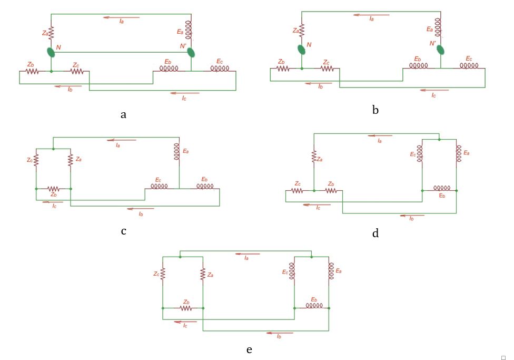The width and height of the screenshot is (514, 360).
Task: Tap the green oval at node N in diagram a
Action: pyautogui.click(x=51, y=52)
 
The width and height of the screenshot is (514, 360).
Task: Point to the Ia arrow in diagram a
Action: pyautogui.click(x=122, y=17)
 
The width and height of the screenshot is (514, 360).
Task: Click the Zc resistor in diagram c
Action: pyautogui.click(x=36, y=160)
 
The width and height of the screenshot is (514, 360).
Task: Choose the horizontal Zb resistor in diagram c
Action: pyautogui.click(x=53, y=188)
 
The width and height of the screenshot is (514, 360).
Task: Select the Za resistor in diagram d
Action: pyautogui.click(x=314, y=156)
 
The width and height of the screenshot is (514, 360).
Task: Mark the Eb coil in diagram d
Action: pyautogui.click(x=441, y=188)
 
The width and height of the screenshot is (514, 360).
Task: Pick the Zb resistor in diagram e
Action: pyautogui.click(x=185, y=307)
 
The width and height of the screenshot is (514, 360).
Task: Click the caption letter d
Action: pyautogui.click(x=375, y=233)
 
